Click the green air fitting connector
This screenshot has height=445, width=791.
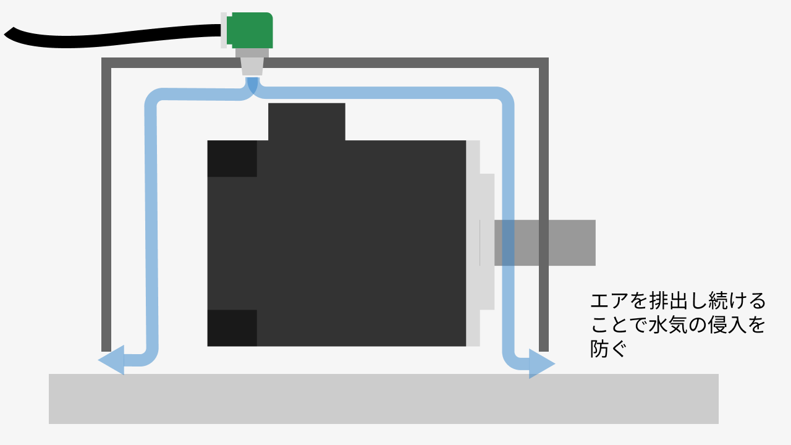tap(250, 30)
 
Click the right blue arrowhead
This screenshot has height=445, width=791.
tap(541, 363)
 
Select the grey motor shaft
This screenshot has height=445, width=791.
tap(556, 242)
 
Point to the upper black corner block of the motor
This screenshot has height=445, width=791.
tap(232, 158)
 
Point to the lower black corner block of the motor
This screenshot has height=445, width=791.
tap(232, 328)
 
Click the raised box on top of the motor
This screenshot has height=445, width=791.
tap(307, 122)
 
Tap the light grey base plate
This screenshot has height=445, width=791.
tap(383, 399)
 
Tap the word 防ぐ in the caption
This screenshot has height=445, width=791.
tap(609, 350)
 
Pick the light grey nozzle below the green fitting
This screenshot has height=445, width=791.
tap(252, 66)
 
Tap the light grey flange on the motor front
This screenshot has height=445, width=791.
tap(487, 241)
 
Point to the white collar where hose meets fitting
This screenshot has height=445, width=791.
tap(224, 30)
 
